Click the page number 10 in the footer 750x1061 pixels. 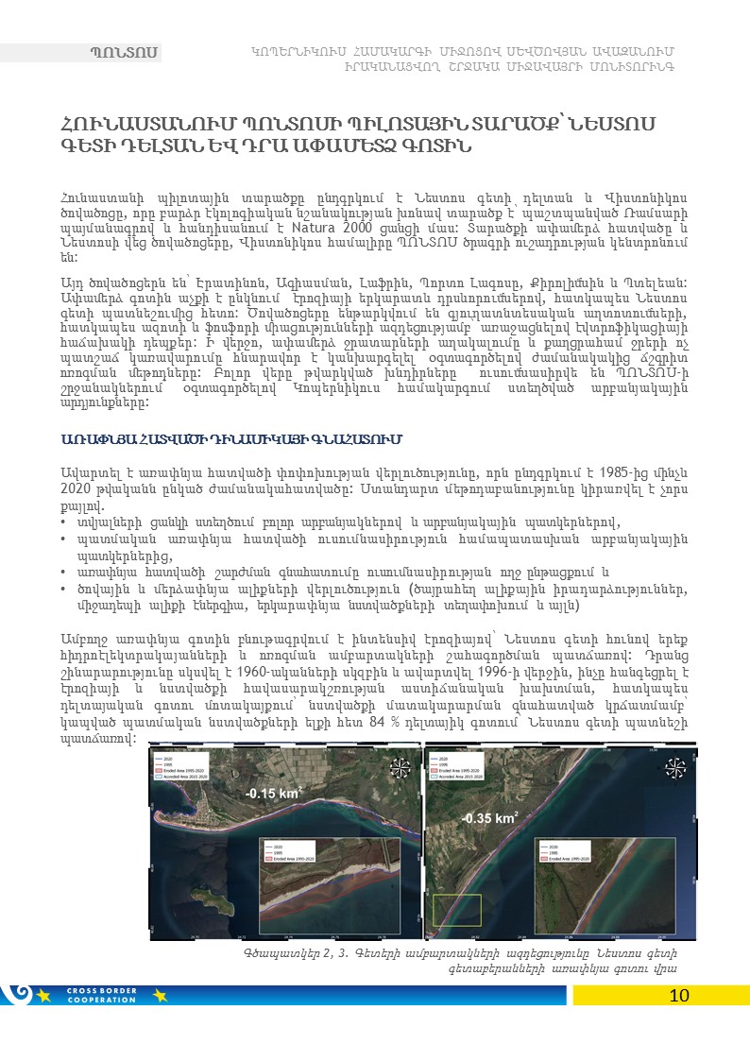coord(679,995)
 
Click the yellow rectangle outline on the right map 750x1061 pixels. coord(457,910)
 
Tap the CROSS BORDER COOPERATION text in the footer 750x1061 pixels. coord(104,994)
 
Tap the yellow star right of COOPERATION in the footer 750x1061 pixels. coord(158,994)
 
